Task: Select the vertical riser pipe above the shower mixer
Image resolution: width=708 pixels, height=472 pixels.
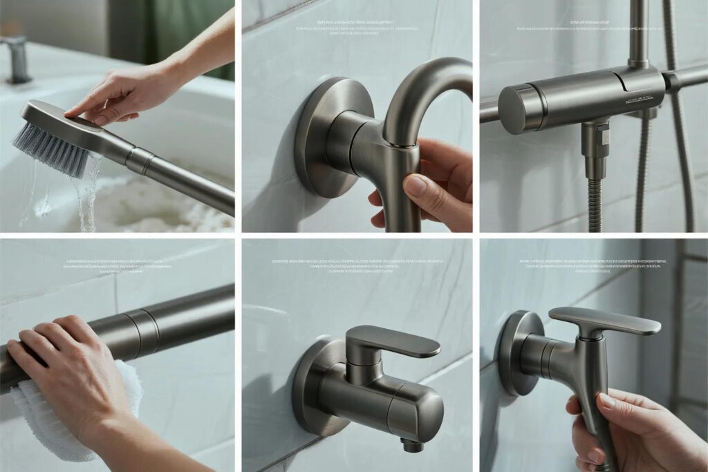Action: tap(637, 31)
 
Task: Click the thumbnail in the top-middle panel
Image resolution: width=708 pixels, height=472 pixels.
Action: tap(414, 185)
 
